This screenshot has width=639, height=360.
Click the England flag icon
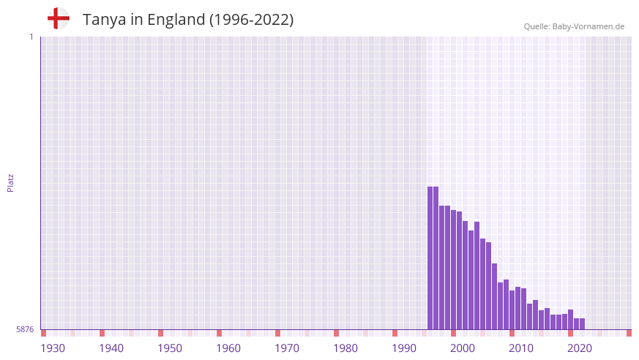59,19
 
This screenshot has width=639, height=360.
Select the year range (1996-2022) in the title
252,20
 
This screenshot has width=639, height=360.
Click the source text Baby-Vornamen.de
588,26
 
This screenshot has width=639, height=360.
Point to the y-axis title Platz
10,182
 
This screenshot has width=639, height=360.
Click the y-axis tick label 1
31,37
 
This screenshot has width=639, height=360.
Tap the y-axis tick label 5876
25,330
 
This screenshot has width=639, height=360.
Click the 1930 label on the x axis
53,348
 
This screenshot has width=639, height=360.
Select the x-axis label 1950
170,348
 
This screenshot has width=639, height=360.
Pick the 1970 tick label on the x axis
287,348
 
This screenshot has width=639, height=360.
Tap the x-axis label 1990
404,348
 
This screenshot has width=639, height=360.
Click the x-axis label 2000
463,348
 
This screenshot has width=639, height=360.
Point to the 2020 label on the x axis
580,348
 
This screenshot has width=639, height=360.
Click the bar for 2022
582,323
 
